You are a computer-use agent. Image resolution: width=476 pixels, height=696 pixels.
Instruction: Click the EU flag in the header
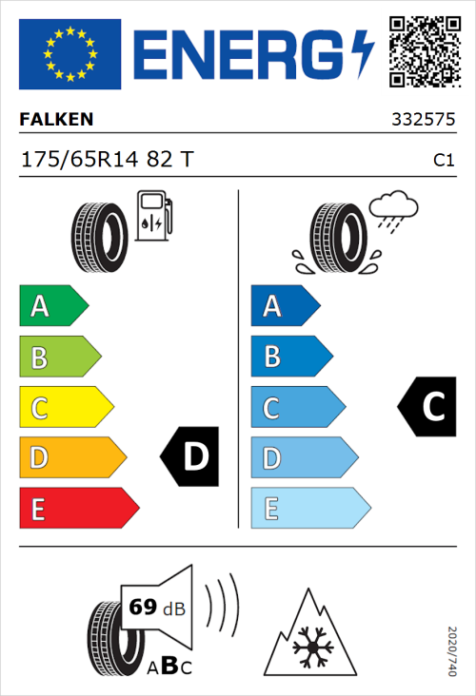click(69, 54)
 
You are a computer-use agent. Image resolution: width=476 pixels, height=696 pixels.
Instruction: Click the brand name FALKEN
click(56, 120)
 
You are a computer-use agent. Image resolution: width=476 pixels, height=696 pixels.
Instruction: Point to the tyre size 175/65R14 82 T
click(106, 160)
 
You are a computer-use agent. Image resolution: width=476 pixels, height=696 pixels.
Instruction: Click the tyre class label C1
click(443, 161)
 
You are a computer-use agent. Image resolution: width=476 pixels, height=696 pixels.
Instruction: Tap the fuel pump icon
click(153, 216)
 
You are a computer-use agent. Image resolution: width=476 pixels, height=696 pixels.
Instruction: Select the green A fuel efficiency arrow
click(53, 306)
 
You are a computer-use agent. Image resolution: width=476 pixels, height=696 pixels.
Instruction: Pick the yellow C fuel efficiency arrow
click(66, 408)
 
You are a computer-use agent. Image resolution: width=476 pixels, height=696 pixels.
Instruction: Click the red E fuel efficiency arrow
click(78, 509)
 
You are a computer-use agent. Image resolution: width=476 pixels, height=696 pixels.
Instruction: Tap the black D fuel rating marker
click(191, 457)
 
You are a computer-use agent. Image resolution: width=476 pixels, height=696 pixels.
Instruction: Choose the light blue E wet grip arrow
click(309, 509)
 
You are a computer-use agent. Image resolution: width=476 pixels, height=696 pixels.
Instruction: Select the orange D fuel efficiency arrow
click(71, 458)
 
